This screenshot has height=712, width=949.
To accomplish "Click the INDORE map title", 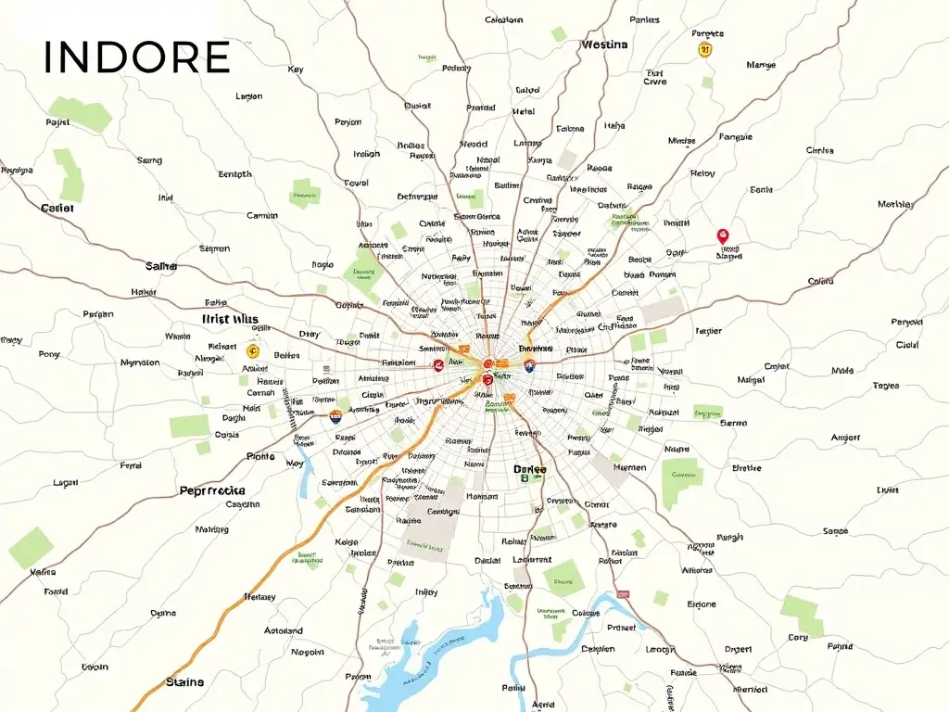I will coord(137,57).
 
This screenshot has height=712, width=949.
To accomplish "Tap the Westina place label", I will coord(604,44).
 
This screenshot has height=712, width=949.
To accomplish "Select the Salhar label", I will coord(161,266).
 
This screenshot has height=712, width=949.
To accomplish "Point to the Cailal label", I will coord(57,208).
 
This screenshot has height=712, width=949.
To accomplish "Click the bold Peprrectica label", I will coord(212,489).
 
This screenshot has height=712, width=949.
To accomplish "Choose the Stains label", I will coord(184,682).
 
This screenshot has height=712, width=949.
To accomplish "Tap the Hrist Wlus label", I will coord(230,319).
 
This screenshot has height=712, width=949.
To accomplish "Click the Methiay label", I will coord(895,204).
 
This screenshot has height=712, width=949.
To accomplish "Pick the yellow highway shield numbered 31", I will coord(705,49).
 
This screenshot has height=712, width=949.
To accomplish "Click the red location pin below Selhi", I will coord(724,236).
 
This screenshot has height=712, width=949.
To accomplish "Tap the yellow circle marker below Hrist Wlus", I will coord(252,351).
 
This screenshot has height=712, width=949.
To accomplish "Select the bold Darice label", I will coord(530,470).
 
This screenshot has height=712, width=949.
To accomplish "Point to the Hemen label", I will coord(630,468).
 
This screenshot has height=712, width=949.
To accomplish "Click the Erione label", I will coord(702,604).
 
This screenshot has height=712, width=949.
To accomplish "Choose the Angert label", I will coord(845,437).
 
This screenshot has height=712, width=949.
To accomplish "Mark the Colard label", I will coord(820,281).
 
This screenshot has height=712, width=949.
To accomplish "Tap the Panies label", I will coord(644,19).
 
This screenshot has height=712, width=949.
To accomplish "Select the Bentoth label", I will coord(234,174).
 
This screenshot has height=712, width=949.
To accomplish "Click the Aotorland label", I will coord(283,630).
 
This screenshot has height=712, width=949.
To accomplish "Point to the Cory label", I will coord(798,637).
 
